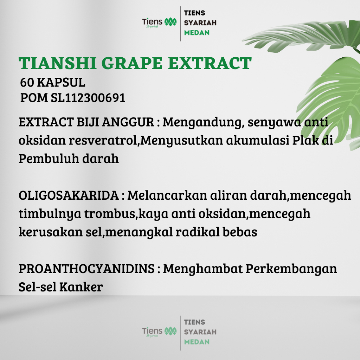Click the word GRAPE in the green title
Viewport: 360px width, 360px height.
[x=131, y=63]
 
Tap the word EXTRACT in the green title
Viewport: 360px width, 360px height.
[x=210, y=63]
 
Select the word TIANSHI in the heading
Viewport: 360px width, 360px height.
[x=57, y=63]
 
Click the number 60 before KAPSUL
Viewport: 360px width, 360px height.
[x=27, y=82]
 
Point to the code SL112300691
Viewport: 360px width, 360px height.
[x=88, y=98]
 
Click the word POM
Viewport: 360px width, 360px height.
[x=34, y=98]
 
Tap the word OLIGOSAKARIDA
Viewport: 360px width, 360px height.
[x=69, y=195]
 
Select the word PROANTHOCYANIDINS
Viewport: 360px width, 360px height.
[x=86, y=269]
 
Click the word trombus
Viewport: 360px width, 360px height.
[x=111, y=214]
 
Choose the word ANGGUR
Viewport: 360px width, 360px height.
[x=128, y=122]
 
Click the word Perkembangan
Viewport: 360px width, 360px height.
[x=291, y=269]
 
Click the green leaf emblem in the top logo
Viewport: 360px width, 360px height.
[x=171, y=22]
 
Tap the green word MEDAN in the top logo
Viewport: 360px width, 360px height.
[x=197, y=33]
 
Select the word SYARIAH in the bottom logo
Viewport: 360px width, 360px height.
[x=200, y=332]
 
